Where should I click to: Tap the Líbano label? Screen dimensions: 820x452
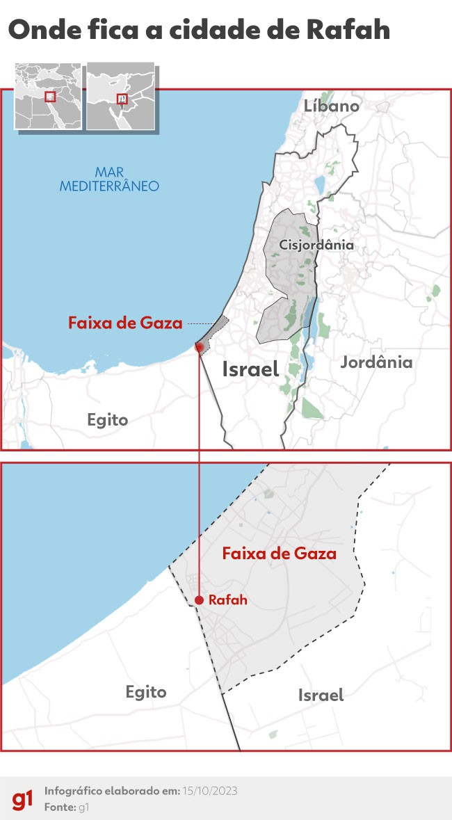pyautogui.click(x=332, y=106)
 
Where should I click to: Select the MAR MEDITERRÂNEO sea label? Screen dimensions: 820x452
pyautogui.click(x=109, y=179)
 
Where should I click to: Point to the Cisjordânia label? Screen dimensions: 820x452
pyautogui.click(x=316, y=245)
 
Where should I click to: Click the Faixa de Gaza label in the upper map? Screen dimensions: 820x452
pyautogui.click(x=125, y=323)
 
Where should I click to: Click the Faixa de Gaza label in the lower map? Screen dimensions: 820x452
pyautogui.click(x=279, y=554)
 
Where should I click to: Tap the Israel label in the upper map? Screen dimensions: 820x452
pyautogui.click(x=250, y=369)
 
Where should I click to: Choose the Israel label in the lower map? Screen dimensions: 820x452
pyautogui.click(x=321, y=695)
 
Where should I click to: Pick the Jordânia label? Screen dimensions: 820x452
pyautogui.click(x=376, y=362)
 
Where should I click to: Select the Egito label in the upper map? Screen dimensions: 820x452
pyautogui.click(x=108, y=419)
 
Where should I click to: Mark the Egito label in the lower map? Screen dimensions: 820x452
pyautogui.click(x=146, y=692)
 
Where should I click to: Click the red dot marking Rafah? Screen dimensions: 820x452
pyautogui.click(x=199, y=600)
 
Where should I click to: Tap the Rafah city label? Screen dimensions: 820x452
pyautogui.click(x=228, y=600)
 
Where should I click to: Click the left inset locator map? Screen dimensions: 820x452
pyautogui.click(x=48, y=96)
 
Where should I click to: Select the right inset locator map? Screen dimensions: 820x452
pyautogui.click(x=120, y=96)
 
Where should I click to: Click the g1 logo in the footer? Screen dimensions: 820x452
pyautogui.click(x=22, y=799)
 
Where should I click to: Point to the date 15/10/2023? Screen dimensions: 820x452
pyautogui.click(x=209, y=791)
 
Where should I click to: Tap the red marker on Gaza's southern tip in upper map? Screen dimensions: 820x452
pyautogui.click(x=199, y=346)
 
